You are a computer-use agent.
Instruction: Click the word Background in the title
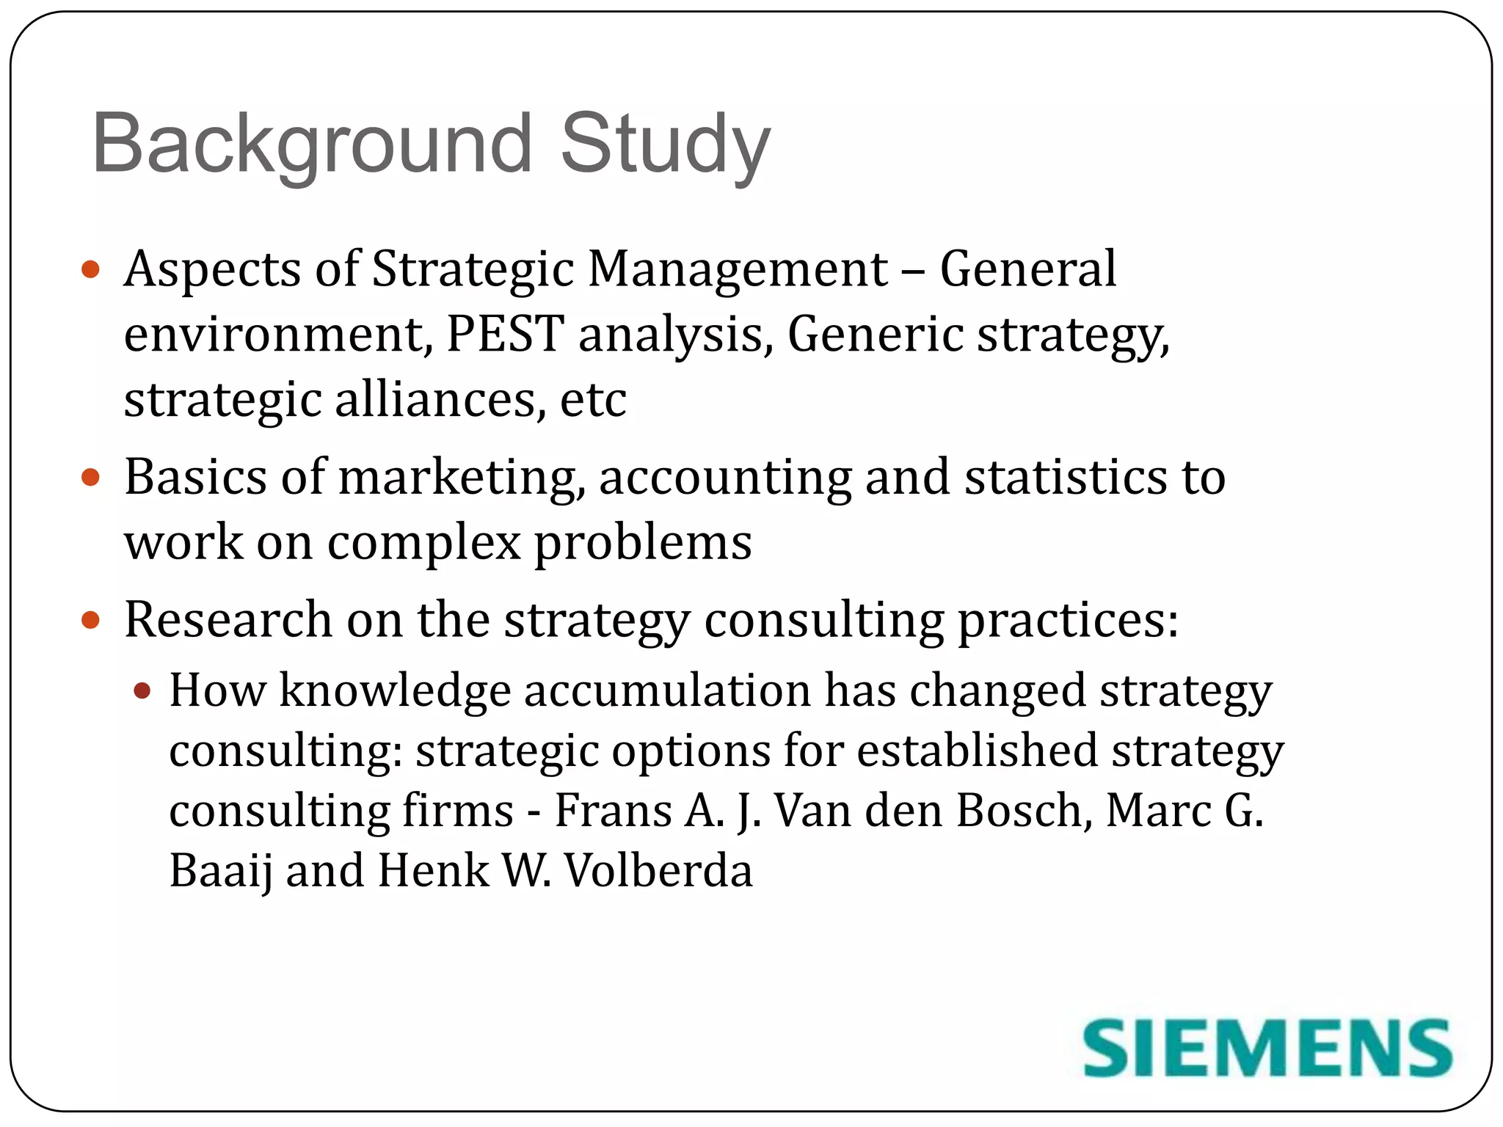point(311,144)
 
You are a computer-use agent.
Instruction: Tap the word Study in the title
point(665,144)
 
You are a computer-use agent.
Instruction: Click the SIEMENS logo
point(1267,1048)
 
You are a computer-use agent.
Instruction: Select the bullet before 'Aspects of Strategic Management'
point(90,270)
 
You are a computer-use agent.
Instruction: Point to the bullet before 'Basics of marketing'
point(90,478)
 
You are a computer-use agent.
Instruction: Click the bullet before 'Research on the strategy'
point(90,621)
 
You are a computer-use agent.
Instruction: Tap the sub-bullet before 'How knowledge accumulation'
point(142,690)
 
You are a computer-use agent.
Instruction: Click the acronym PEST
point(505,334)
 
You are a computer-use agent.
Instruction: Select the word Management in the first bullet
point(738,269)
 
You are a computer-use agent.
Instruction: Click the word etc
point(593,400)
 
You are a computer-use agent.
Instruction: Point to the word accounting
point(725,478)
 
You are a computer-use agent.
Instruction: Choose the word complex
point(423,543)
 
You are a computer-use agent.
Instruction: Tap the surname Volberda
point(658,871)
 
